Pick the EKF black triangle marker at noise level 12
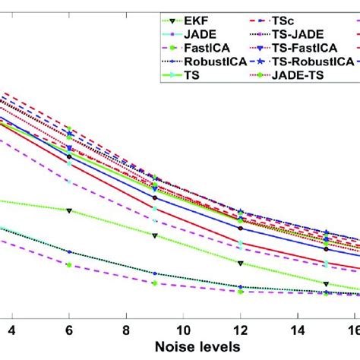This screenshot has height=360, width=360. pyautogui.click(x=240, y=264)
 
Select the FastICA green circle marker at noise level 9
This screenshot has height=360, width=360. pyautogui.click(x=154, y=283)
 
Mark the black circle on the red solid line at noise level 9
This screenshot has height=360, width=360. pyautogui.click(x=154, y=198)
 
